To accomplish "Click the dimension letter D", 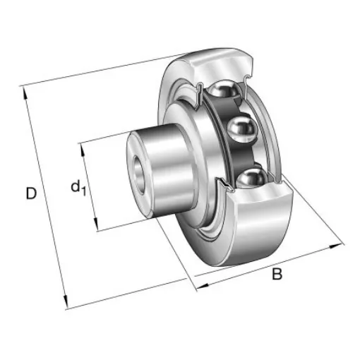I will pos(31,192).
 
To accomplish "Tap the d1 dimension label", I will pos(78,188).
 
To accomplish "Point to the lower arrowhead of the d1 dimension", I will pos(97,228).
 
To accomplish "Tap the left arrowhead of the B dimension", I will pos(198,285).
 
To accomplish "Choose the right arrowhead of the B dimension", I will pos(335,247).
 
